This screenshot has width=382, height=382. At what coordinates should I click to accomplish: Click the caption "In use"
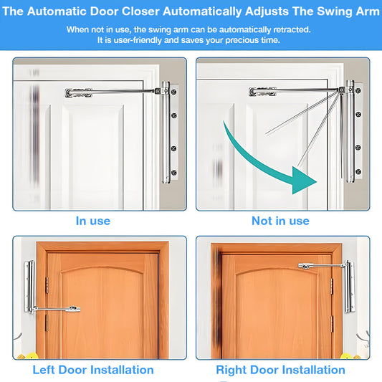93,221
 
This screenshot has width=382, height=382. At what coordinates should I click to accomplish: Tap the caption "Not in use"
280,221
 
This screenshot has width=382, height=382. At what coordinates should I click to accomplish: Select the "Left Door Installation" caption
93,370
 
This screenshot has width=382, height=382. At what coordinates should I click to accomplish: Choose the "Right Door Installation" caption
280,370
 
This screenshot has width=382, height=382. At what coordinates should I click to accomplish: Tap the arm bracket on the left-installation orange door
70,310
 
